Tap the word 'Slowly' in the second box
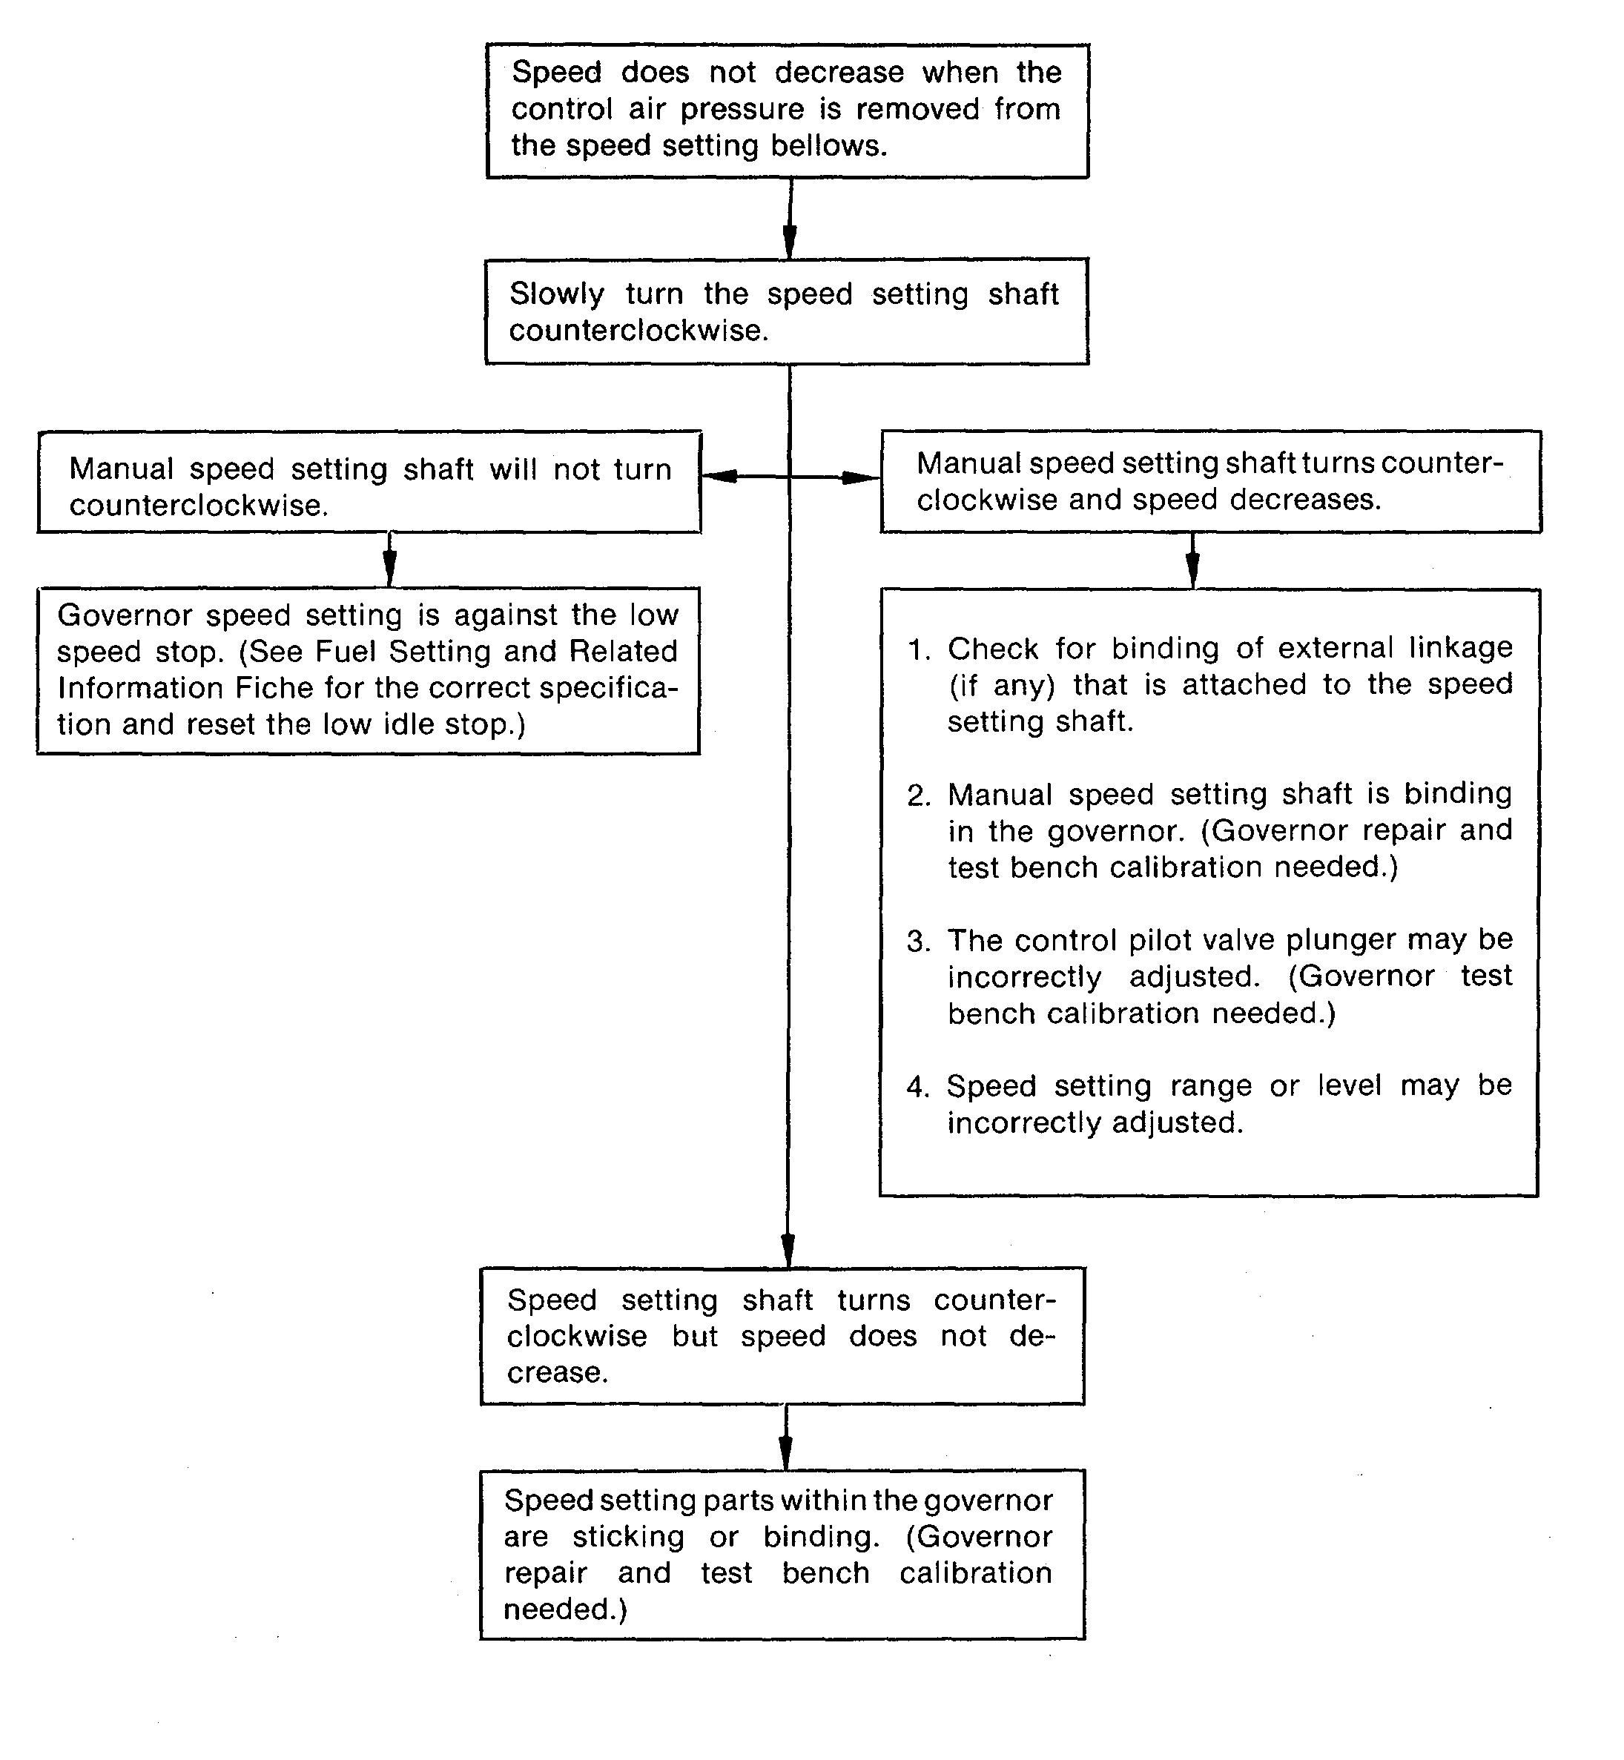click(x=557, y=294)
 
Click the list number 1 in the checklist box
click(x=918, y=649)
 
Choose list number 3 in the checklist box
click(x=918, y=941)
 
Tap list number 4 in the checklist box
click(x=918, y=1087)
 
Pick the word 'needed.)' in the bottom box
click(x=565, y=1609)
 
